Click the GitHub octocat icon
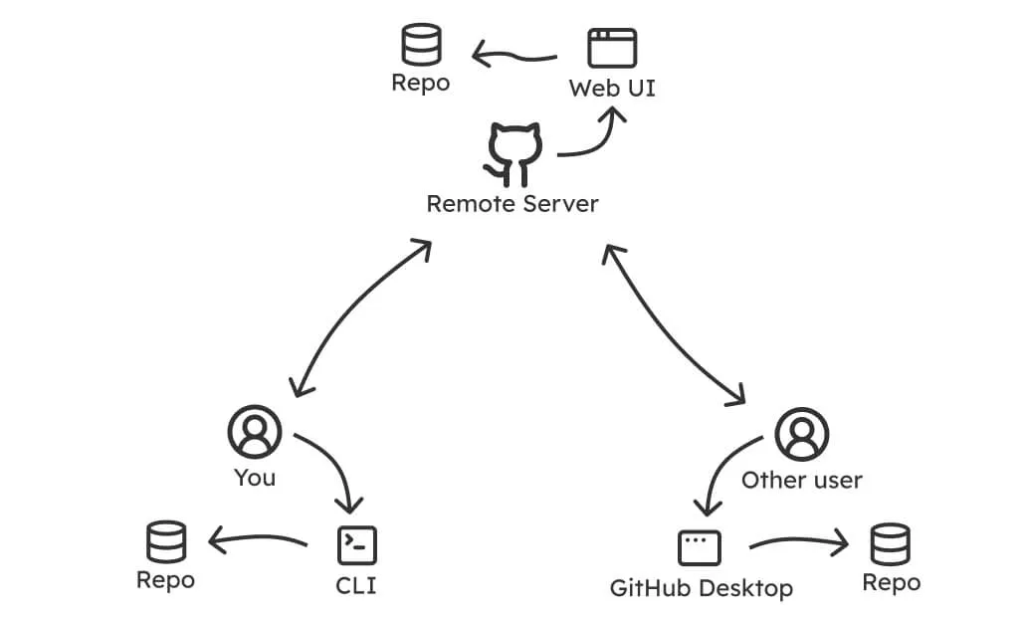(513, 155)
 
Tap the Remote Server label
(512, 204)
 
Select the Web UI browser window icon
(612, 48)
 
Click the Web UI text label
(612, 89)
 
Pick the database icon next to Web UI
(421, 46)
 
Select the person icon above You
(255, 432)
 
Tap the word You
(255, 478)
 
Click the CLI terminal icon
(356, 545)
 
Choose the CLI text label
(356, 586)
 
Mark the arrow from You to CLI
(333, 468)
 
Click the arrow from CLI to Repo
(257, 540)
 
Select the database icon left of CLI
(166, 541)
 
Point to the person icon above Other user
(802, 433)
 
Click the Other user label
(802, 481)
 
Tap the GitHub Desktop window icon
(700, 547)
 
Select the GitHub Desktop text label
(702, 588)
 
